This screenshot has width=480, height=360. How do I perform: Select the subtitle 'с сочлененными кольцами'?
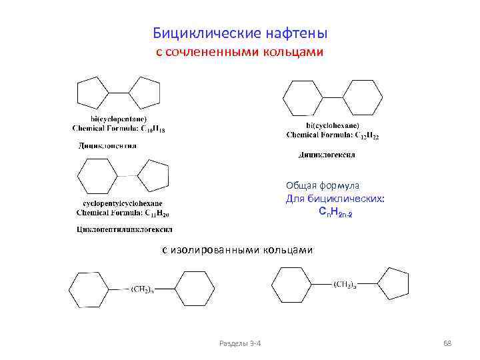point(240,51)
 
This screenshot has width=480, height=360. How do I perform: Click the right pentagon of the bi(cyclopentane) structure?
point(145,93)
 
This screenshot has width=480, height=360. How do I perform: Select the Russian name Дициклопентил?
point(108,145)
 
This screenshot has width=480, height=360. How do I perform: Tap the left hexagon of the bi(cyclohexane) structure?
point(303,98)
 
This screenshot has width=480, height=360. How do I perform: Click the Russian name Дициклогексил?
point(327,155)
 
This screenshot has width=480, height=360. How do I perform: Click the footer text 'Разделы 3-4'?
point(240,343)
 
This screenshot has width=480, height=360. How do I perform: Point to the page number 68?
point(447,343)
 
